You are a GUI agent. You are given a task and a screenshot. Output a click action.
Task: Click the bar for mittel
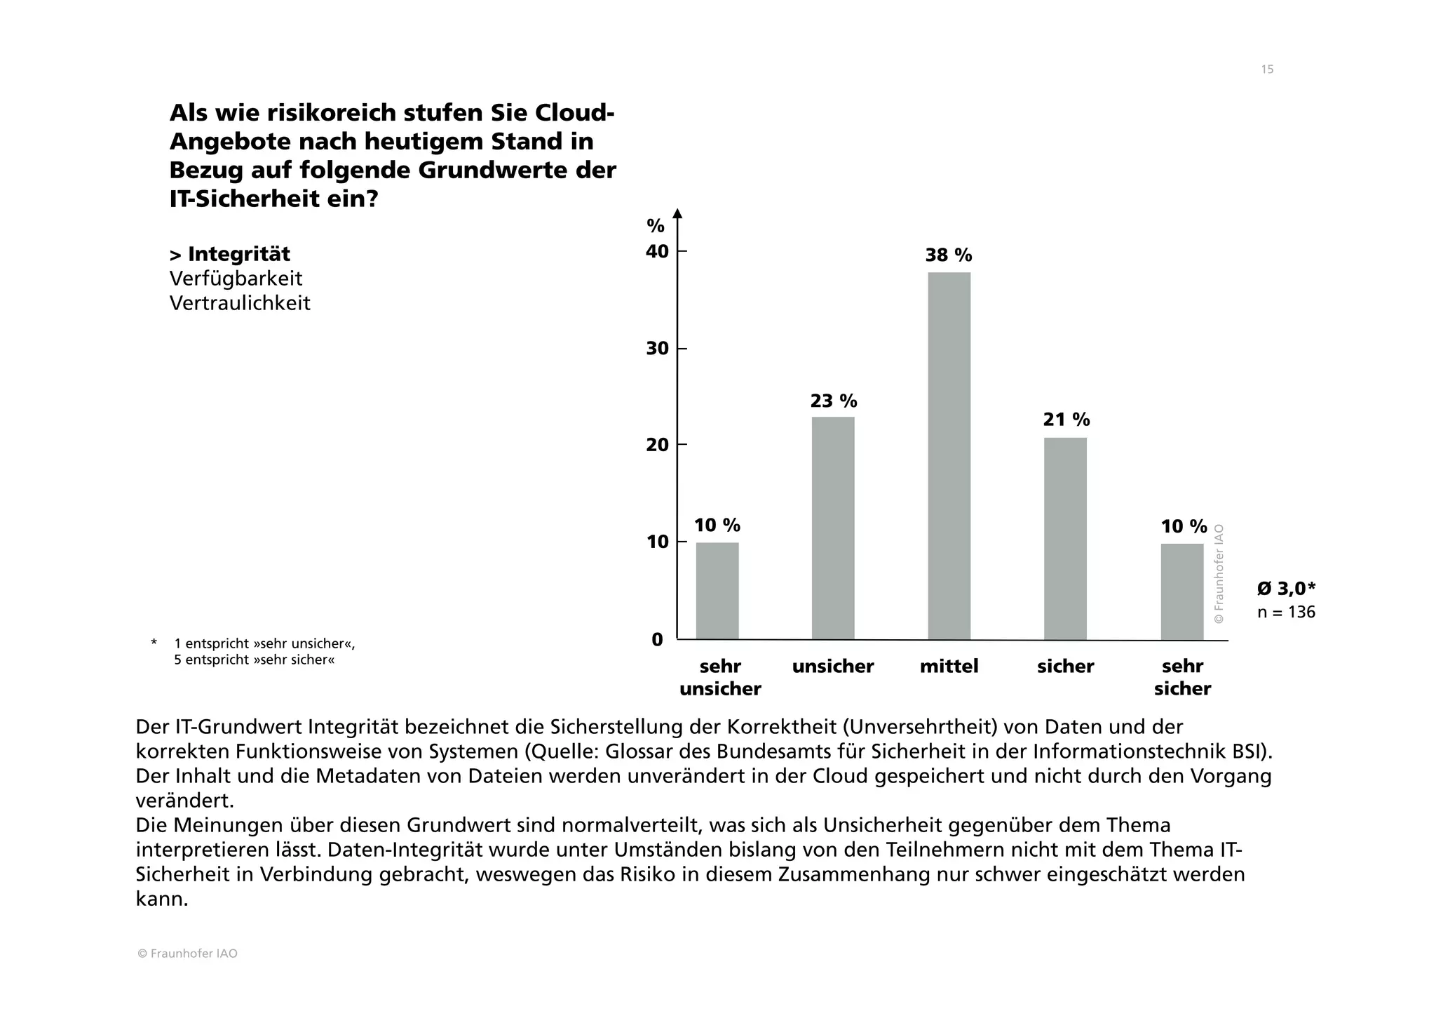(949, 456)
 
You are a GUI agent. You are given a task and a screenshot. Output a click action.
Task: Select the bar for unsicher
(833, 528)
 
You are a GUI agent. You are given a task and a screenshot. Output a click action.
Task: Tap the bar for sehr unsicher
(717, 591)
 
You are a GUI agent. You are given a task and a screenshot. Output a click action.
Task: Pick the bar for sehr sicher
(1181, 591)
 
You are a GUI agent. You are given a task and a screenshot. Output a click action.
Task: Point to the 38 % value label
(948, 255)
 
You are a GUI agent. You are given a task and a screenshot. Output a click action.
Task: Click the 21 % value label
(1066, 420)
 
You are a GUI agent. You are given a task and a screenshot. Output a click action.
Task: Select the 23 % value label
(833, 401)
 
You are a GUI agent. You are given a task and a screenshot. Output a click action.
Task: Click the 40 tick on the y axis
(657, 251)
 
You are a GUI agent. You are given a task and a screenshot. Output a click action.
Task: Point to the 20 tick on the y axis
(657, 445)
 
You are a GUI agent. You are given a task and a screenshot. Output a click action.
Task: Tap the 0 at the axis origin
(657, 639)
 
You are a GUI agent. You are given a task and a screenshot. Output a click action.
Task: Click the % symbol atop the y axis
(655, 226)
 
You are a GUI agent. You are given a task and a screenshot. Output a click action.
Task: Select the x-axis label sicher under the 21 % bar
(1065, 667)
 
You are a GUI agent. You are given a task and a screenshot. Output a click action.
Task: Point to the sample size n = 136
(1285, 612)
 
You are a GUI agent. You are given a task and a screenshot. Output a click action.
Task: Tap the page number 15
(1266, 69)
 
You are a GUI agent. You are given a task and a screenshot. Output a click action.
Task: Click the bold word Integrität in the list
(238, 254)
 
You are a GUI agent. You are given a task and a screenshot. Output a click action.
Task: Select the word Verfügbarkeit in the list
(236, 279)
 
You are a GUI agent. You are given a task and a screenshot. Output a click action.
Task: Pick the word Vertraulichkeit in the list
(240, 303)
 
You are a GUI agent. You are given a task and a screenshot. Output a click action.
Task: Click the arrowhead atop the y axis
(677, 213)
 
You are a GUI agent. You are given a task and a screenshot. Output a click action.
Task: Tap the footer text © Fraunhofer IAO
(187, 954)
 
